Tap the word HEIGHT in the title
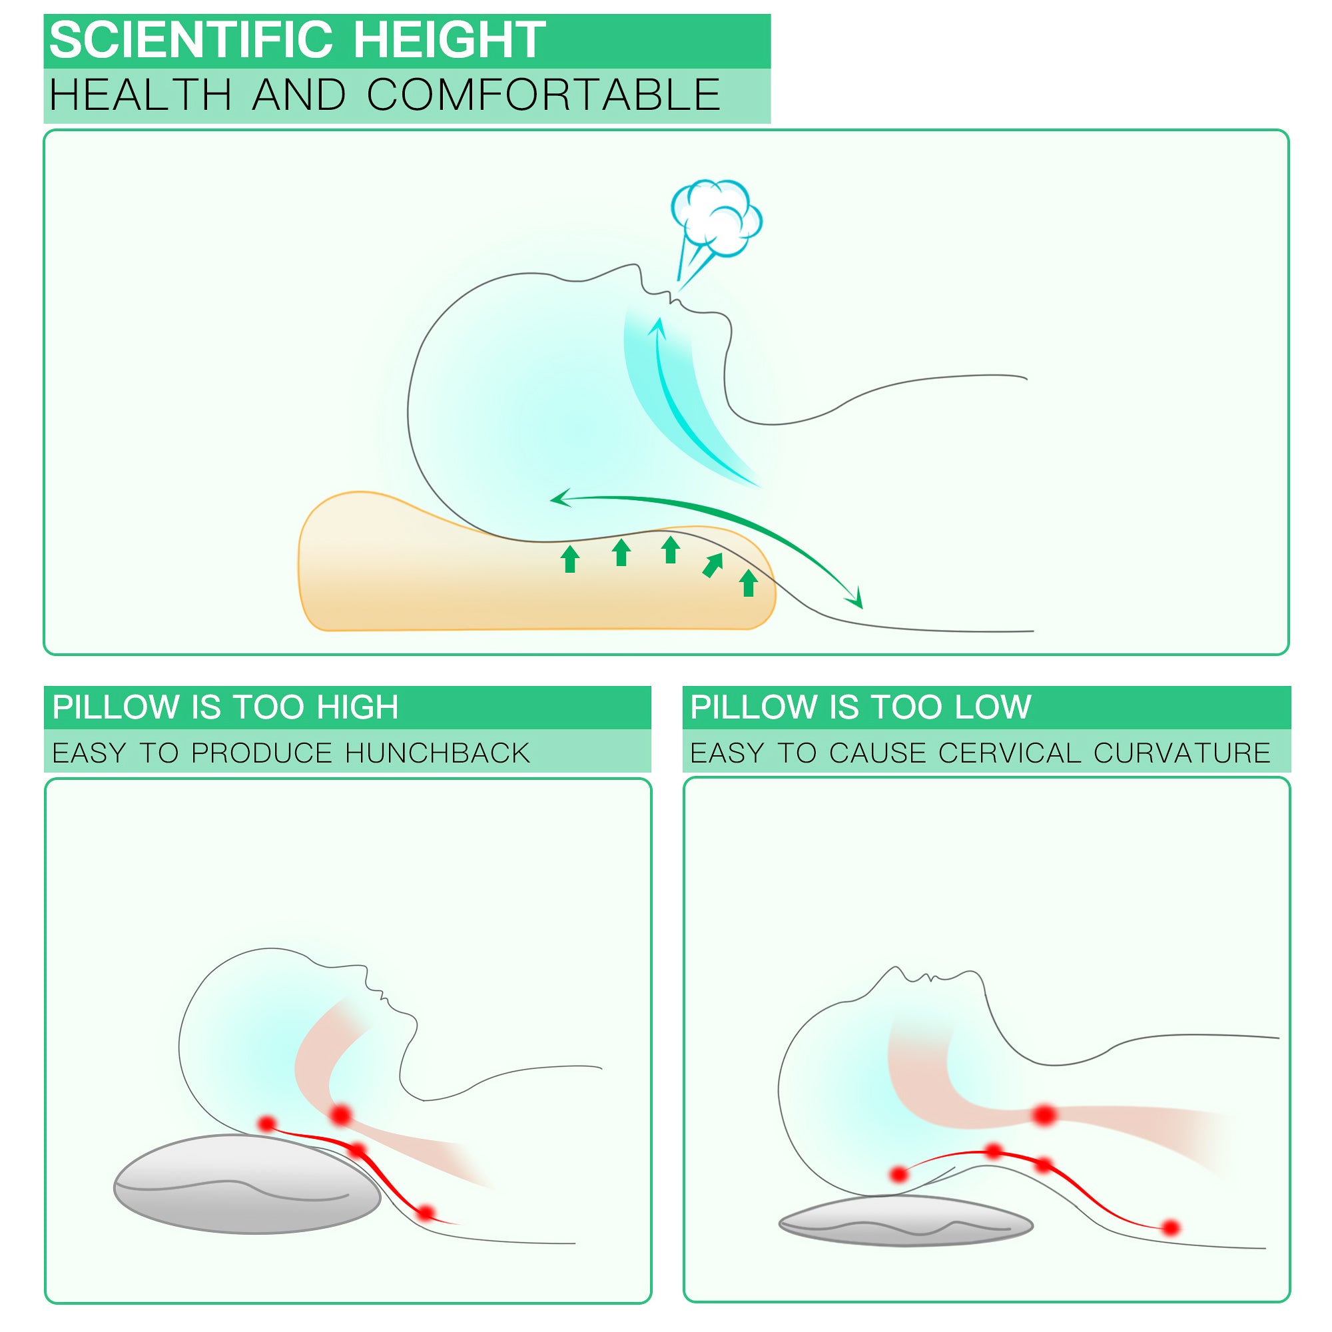pyautogui.click(x=450, y=40)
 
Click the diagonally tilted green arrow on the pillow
pyautogui.click(x=712, y=565)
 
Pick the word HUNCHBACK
pyautogui.click(x=437, y=753)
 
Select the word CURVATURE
pyautogui.click(x=1181, y=753)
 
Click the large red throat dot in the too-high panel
pyautogui.click(x=340, y=1115)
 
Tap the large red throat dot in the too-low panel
pyautogui.click(x=1044, y=1115)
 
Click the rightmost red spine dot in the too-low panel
pyautogui.click(x=1171, y=1228)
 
